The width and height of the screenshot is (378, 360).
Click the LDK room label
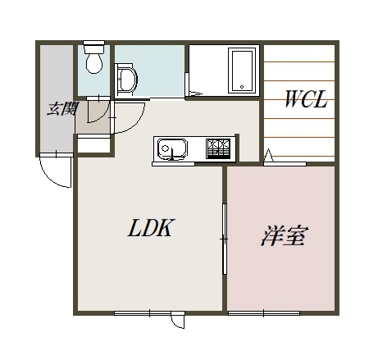[x=150, y=227]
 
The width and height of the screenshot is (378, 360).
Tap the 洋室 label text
[x=285, y=235]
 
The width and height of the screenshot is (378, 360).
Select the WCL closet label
[x=306, y=99]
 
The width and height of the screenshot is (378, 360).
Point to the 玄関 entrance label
[x=62, y=109]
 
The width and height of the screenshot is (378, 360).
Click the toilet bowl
[x=94, y=63]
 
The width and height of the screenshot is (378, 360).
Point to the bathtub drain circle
[x=242, y=87]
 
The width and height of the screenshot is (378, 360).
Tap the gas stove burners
[x=218, y=149]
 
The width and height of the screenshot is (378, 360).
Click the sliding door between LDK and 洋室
[x=225, y=239]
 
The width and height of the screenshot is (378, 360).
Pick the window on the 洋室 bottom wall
[x=264, y=313]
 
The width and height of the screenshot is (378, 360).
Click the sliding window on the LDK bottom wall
[x=149, y=313]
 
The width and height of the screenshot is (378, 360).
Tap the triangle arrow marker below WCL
[x=268, y=155]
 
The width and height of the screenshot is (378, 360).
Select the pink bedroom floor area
[x=281, y=239]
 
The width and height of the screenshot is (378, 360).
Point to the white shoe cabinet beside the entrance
[x=93, y=145]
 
